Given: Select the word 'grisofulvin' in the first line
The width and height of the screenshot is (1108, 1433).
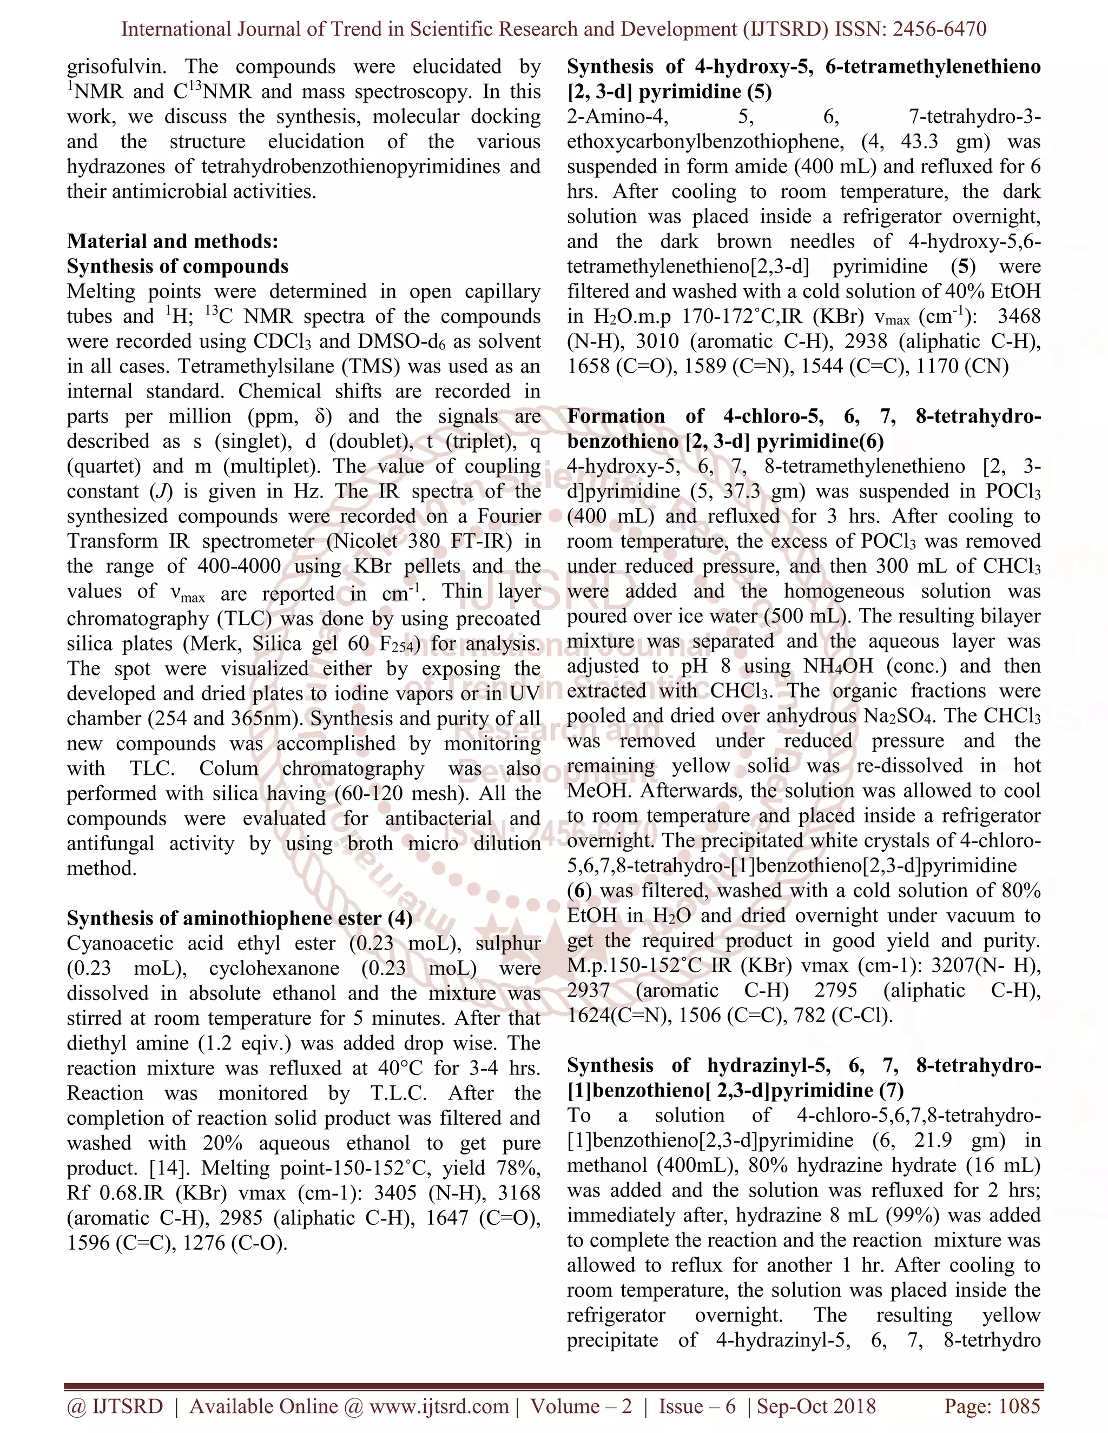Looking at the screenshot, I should [116, 67].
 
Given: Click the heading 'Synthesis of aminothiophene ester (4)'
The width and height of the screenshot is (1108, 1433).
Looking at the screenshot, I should [240, 918].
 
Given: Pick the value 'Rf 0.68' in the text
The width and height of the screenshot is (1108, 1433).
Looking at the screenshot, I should [99, 1193].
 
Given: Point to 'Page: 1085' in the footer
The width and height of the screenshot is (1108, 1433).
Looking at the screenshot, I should [992, 1406].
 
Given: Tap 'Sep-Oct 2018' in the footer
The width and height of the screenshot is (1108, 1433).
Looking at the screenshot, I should [816, 1406].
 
